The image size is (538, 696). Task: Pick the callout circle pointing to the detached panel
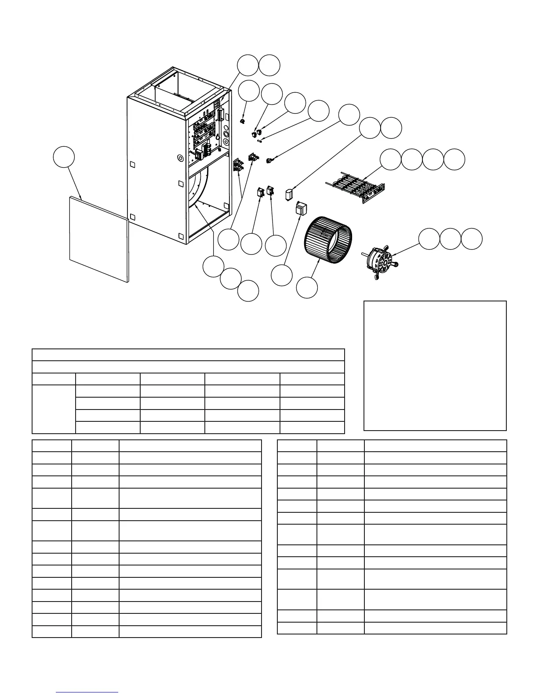click(x=64, y=158)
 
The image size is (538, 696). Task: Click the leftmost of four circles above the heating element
click(x=390, y=159)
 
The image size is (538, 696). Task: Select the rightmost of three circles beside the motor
click(x=472, y=239)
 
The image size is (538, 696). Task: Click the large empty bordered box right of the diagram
click(x=435, y=366)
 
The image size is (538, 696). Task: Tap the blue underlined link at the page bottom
click(x=87, y=692)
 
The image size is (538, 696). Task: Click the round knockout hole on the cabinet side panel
click(x=180, y=157)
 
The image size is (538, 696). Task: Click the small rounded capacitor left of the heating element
click(x=289, y=194)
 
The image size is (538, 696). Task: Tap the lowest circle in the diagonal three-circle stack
click(x=248, y=291)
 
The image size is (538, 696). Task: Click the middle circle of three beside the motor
click(x=451, y=239)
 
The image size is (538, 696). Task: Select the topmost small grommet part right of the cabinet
click(x=242, y=121)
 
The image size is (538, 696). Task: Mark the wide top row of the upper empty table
click(x=188, y=355)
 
